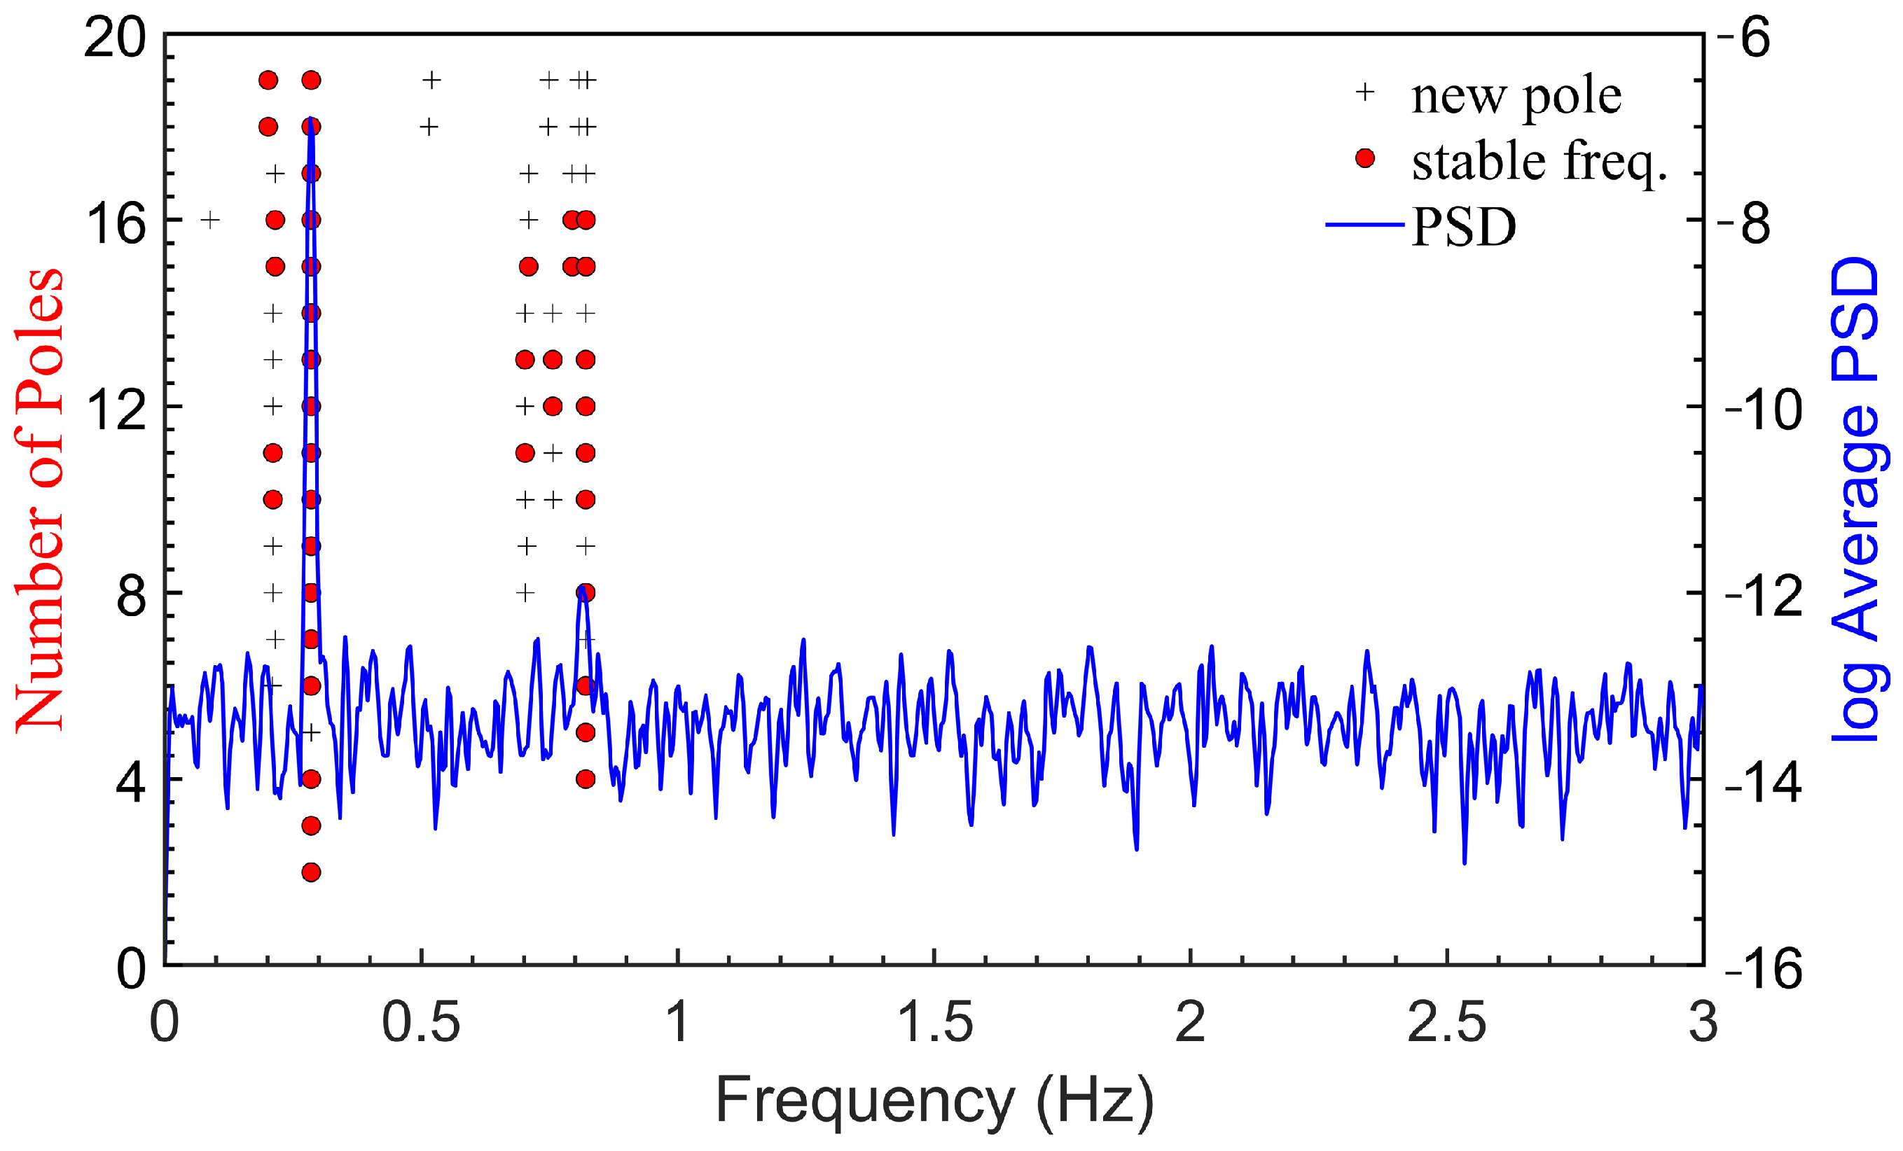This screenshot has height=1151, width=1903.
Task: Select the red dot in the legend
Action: (1364, 159)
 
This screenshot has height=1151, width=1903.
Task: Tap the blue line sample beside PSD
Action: (1364, 225)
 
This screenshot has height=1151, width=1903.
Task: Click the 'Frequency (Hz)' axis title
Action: (934, 1100)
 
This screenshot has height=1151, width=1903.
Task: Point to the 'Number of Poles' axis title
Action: (39, 499)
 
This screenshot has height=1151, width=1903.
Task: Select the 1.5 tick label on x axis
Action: (934, 1022)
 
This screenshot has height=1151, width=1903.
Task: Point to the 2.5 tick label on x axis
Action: (1446, 1022)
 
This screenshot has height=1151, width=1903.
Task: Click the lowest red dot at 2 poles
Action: (311, 872)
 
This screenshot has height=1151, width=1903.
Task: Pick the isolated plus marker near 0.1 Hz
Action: (210, 220)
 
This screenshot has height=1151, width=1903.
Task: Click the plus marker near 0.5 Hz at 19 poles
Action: (431, 80)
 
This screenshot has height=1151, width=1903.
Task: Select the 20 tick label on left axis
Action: (116, 37)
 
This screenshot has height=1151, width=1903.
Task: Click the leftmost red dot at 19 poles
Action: (268, 81)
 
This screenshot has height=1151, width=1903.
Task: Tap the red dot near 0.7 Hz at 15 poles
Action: (528, 266)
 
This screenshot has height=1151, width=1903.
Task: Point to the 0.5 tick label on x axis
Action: (421, 1022)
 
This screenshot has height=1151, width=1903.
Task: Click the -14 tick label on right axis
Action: (1763, 782)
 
